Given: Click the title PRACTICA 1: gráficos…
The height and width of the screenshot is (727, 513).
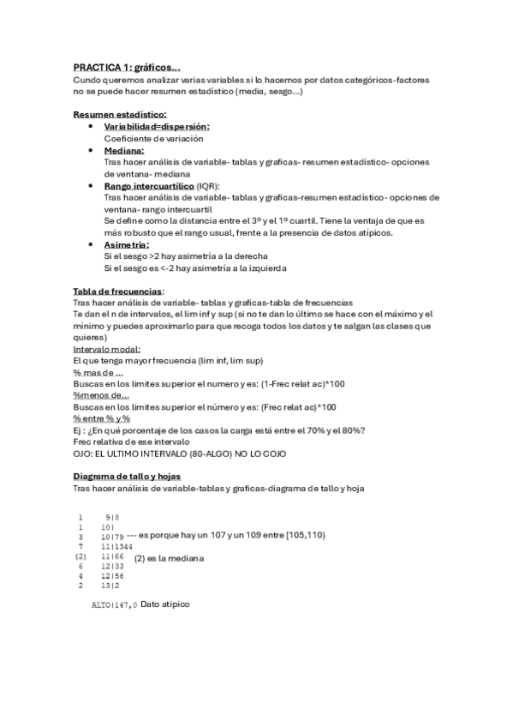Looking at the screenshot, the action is [x=127, y=66].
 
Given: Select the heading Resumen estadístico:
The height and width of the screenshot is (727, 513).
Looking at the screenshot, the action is [x=120, y=114].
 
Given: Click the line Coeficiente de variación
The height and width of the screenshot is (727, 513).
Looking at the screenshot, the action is [x=153, y=138].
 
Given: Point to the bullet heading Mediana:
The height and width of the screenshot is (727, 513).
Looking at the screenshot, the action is [x=123, y=150].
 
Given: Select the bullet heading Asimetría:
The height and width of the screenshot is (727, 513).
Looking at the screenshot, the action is [x=127, y=244].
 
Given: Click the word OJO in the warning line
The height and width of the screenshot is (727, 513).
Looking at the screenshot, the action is [x=83, y=454].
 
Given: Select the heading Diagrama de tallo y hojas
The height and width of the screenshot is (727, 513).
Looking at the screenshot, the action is [x=127, y=477].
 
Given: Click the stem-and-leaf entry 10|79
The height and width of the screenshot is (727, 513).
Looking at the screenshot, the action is [x=112, y=536].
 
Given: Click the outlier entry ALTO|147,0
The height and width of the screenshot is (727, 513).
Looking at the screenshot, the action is [x=114, y=605].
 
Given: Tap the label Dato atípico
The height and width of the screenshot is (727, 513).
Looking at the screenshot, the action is [x=165, y=604].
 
